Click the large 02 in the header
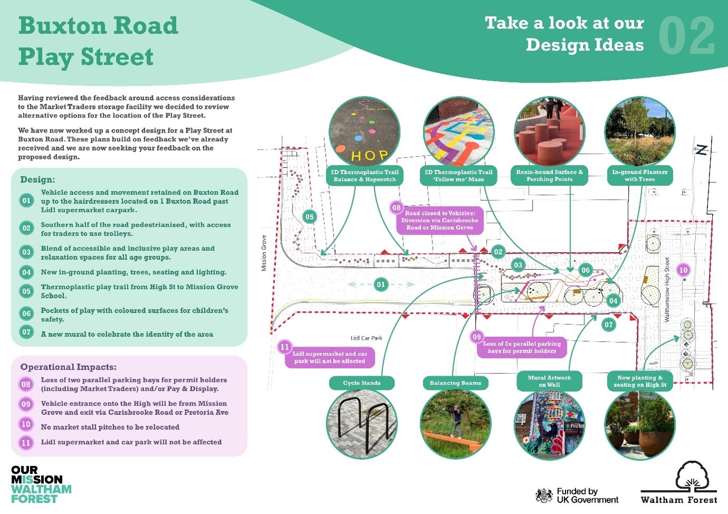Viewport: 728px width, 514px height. pos(686,36)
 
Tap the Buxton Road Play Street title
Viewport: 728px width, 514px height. pos(98,41)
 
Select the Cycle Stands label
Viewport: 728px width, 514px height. pos(362,383)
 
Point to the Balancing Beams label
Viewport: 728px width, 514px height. pos(455,383)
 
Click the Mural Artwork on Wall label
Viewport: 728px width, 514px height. pos(549,381)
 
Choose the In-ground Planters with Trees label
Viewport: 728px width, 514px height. pos(639,176)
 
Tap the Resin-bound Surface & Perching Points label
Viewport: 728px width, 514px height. pos(549,176)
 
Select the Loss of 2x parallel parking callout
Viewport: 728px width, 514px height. pos(522,347)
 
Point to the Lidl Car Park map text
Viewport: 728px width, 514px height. pos(366,338)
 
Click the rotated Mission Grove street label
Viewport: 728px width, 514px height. pos(264,253)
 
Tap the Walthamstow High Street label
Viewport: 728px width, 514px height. pos(667,290)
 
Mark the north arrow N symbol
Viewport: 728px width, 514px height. pos(701,150)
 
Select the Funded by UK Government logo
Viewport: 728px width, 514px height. pos(576,495)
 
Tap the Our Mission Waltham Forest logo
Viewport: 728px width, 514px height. pos(40,484)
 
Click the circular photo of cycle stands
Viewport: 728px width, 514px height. pos(362,423)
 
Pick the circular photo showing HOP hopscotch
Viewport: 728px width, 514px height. pos(364,132)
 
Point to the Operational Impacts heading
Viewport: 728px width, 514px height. pos(68,367)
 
